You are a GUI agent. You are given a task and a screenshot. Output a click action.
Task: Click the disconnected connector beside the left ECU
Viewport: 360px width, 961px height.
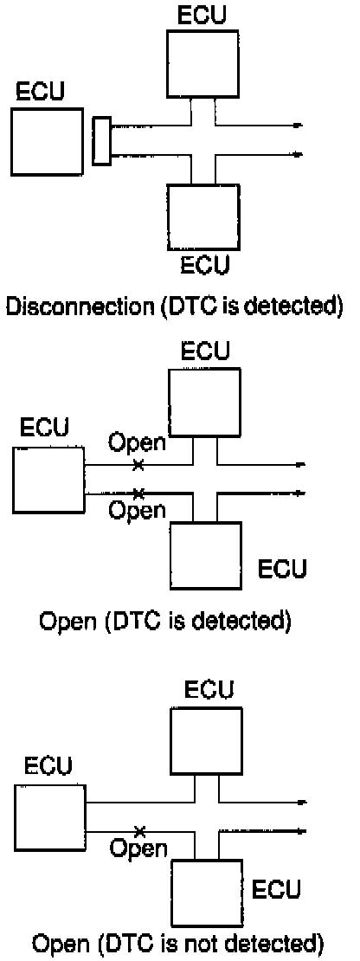(101, 142)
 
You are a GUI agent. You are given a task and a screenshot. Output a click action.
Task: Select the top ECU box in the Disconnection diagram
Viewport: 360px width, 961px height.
(202, 64)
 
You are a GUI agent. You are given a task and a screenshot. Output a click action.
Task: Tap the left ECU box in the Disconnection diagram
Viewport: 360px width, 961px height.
(47, 142)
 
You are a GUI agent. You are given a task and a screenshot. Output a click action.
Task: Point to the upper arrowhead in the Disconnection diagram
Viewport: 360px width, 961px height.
(299, 126)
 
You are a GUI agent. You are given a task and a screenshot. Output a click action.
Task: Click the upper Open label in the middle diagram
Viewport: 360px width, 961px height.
(137, 442)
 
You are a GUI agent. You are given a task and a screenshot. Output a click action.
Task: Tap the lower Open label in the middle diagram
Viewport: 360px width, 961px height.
(137, 509)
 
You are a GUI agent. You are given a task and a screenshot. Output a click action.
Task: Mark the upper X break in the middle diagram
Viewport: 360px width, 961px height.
(138, 465)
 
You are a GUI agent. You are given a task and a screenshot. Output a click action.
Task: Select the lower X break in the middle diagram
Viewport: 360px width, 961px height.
(138, 492)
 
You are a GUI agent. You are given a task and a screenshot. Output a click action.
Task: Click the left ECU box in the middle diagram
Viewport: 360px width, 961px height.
(48, 480)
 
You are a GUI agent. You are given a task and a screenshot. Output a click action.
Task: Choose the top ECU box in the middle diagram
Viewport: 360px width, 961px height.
(204, 402)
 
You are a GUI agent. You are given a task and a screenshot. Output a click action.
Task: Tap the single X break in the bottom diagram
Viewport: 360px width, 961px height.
(139, 831)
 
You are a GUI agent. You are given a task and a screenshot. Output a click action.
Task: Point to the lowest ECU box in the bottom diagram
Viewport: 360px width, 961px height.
(207, 893)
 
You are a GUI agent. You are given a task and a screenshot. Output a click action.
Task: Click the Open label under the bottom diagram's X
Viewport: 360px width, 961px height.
(138, 848)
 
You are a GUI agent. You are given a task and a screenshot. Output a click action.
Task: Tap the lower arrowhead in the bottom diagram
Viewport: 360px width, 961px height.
(300, 831)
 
